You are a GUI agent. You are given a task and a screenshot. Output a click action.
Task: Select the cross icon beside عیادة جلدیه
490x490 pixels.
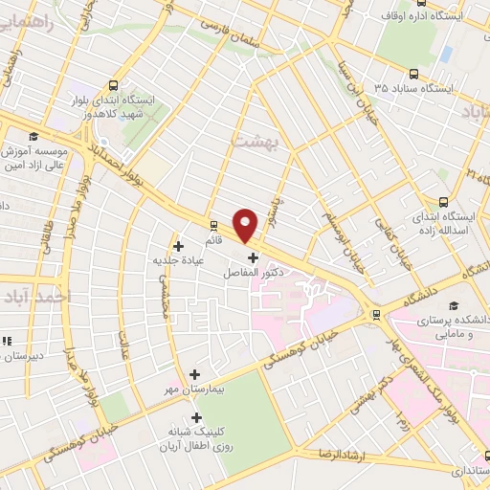click(x=178, y=246)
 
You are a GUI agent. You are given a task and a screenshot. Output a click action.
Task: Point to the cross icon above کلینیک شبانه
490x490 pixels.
click(x=196, y=417)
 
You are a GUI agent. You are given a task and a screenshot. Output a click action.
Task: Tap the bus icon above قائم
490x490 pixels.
click(x=214, y=227)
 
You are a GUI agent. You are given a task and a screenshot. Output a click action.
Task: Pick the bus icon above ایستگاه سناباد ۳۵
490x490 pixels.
click(x=413, y=73)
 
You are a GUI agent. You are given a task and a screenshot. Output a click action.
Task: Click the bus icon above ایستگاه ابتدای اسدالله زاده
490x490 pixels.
click(x=442, y=202)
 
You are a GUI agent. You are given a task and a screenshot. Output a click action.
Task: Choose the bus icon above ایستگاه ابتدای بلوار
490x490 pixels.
click(x=115, y=83)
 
